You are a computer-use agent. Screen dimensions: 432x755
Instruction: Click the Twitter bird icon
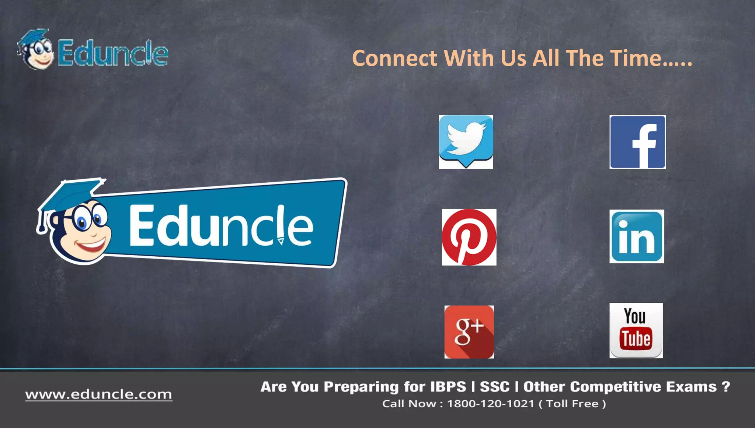[466, 142]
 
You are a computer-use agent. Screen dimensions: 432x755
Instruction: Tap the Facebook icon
[637, 142]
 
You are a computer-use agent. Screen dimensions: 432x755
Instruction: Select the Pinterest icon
[469, 237]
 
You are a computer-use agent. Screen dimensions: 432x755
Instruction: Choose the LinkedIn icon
[637, 236]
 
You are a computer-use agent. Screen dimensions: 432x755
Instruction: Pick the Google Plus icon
[469, 332]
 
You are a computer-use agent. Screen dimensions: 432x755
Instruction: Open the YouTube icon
[636, 331]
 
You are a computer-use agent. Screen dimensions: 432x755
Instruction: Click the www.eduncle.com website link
[99, 394]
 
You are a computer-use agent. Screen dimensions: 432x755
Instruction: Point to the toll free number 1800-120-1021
[490, 404]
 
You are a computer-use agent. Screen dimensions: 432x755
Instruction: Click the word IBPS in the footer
[448, 387]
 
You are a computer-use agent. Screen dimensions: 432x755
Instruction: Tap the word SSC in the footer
[494, 387]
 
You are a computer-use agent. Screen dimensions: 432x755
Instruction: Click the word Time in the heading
[636, 58]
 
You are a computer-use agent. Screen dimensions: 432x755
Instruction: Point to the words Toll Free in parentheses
[572, 404]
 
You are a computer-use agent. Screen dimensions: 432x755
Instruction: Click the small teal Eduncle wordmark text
[113, 54]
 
